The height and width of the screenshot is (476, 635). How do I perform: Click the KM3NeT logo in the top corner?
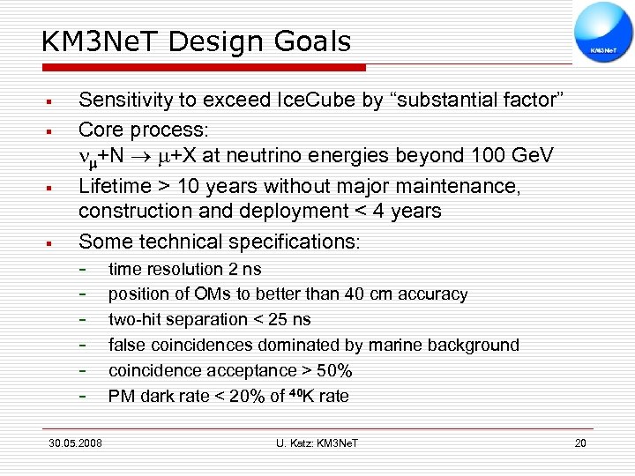603,33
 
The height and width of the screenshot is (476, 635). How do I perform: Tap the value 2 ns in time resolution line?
245,270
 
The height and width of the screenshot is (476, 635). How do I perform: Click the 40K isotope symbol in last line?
300,396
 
